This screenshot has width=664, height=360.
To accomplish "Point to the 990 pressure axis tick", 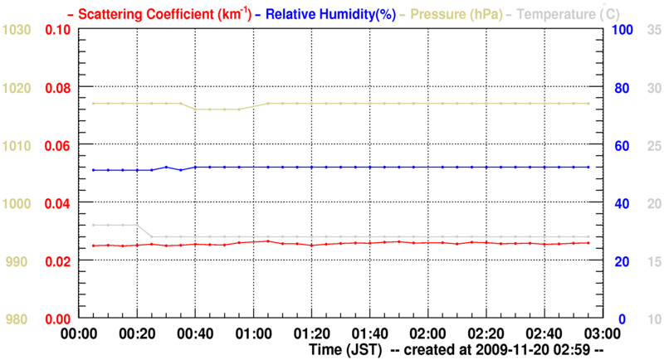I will (21, 261).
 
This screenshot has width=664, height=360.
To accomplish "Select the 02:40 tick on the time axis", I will (543, 334).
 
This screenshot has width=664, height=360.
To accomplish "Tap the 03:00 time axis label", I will (601, 334).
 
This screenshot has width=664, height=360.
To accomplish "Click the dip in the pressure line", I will (217, 109).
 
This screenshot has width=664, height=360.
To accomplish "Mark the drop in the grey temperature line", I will (144, 231).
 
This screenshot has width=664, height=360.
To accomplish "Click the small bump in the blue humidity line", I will (166, 168).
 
